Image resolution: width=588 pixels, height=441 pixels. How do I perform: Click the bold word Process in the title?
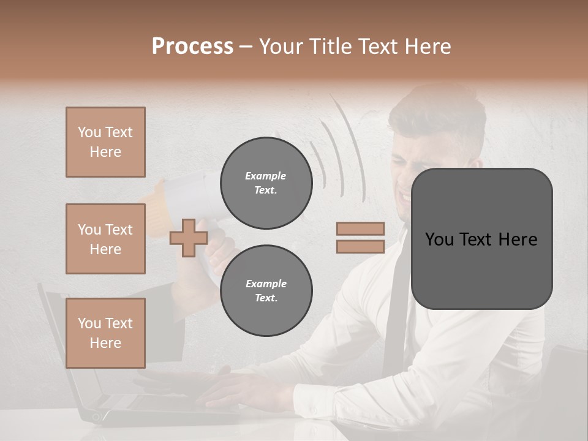pos(192,47)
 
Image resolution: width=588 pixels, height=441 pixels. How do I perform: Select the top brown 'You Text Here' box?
pos(105,142)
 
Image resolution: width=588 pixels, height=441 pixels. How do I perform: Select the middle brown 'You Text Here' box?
pos(105,239)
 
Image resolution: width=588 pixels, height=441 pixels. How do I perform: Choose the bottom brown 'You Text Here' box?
pos(105,333)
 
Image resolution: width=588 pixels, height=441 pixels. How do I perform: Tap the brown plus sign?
pos(189,238)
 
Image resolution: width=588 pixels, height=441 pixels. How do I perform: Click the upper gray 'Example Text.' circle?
pos(266,183)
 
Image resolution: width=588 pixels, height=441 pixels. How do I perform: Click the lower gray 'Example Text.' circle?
pos(266,291)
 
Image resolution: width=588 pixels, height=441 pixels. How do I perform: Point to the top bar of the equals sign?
pos(360,228)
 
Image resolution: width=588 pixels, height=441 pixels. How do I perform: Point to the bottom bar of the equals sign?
pos(360,246)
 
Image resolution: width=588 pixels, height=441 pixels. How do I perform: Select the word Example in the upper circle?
pos(266,176)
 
